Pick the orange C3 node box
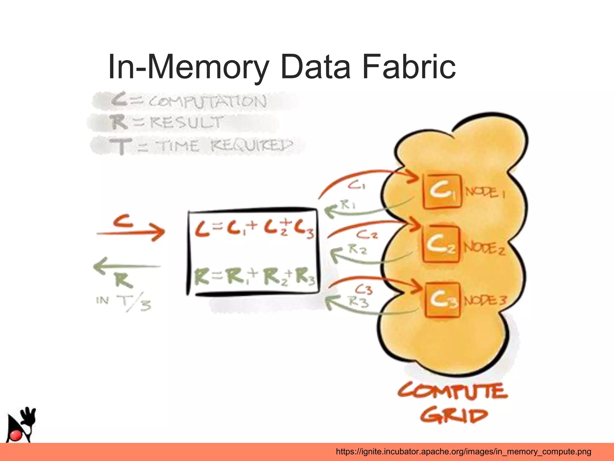pos(442,299)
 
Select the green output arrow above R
pos(127,265)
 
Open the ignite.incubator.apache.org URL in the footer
pos(463,451)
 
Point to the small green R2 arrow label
pos(357,249)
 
